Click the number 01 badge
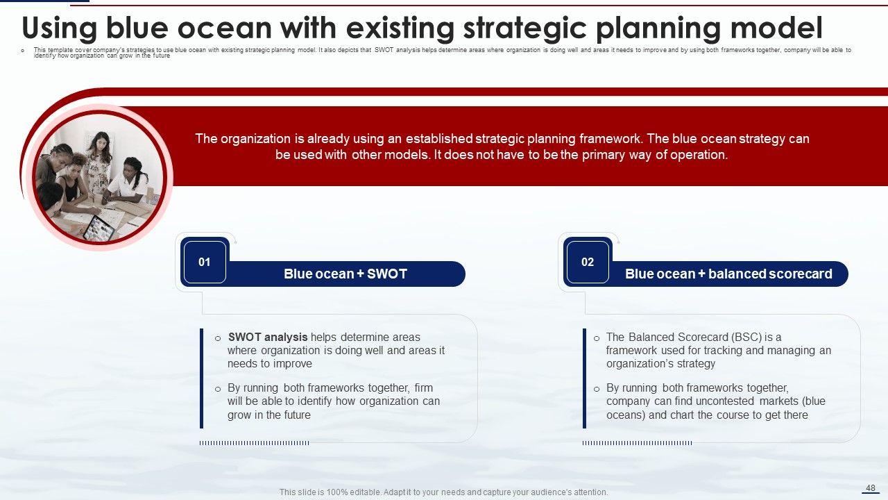click(205, 262)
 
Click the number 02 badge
click(588, 262)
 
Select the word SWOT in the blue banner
click(387, 274)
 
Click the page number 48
click(871, 488)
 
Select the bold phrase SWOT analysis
click(268, 337)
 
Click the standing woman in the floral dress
click(99, 162)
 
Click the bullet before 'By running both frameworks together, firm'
click(218, 390)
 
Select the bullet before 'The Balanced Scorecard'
click(597, 338)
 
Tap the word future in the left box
click(296, 415)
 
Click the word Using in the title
click(60, 28)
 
